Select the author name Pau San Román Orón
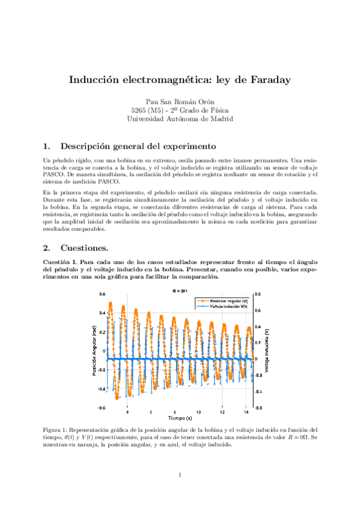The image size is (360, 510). click(180, 102)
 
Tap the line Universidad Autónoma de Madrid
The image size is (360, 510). click(180, 119)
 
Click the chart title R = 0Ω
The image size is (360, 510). click(180, 290)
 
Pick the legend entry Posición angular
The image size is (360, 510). click(225, 300)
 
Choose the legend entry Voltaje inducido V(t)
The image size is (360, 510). click(225, 306)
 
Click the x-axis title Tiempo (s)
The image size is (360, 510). click(180, 418)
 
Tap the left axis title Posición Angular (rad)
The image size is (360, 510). click(94, 351)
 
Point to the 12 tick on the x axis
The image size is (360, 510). click(222, 412)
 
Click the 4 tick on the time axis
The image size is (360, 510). click(127, 412)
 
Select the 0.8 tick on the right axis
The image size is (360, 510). click(257, 295)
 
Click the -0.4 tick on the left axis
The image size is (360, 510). click(102, 389)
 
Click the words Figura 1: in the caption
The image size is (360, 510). click(57, 430)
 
